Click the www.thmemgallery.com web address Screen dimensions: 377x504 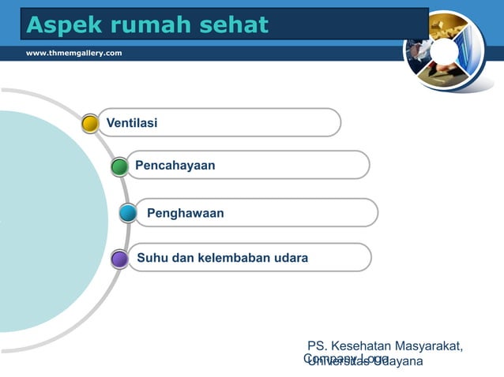pos(74,52)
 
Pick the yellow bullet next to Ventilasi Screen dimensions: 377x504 pos(90,123)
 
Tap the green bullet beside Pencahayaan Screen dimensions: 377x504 pos(119,166)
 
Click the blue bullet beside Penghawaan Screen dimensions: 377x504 pos(128,213)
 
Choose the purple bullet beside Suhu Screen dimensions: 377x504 pos(119,259)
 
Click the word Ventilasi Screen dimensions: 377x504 pos(132,123)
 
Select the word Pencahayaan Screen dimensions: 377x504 pos(175,166)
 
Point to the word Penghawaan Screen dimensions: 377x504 pos(185,213)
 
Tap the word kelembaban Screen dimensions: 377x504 pos(236,258)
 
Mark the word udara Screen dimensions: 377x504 pos(291,258)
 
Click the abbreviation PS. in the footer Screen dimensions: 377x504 pos(318,346)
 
